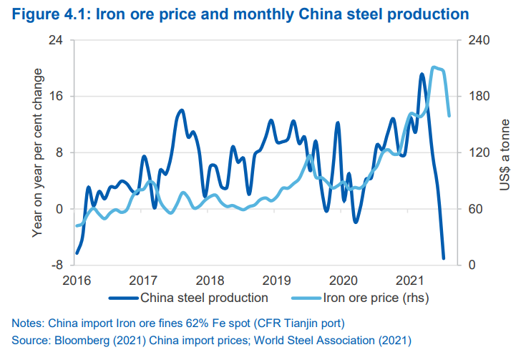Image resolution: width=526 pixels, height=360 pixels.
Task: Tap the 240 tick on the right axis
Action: coord(477,40)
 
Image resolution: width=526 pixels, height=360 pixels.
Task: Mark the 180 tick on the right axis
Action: coord(477,97)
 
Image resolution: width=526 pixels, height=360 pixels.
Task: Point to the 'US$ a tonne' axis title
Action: coord(505,153)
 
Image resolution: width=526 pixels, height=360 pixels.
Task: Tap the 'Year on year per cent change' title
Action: coord(37,152)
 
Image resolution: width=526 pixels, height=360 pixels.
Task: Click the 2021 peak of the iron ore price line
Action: coord(434,68)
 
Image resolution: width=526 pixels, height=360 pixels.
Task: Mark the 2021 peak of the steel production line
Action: coord(422,74)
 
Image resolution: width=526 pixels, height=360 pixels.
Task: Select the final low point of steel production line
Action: coord(444,258)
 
